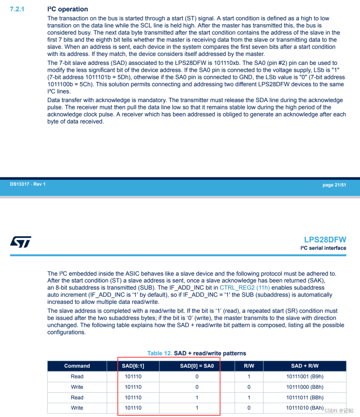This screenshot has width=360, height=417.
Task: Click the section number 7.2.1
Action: [x=17, y=9]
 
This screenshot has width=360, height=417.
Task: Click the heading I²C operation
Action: [x=67, y=9]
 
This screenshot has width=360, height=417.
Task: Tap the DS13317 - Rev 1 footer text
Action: [x=28, y=184]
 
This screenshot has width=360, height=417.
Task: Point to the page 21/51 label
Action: [x=334, y=185]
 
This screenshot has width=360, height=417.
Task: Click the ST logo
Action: [x=20, y=242]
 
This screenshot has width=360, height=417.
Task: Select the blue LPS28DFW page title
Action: [x=325, y=240]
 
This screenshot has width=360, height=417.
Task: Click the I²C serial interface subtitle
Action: [x=323, y=248]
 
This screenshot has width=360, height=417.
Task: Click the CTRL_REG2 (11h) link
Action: [x=245, y=288]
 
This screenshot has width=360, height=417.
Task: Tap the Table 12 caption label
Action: [x=160, y=353]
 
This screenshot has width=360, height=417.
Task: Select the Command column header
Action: [x=77, y=366]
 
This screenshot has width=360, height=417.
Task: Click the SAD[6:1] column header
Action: [x=133, y=366]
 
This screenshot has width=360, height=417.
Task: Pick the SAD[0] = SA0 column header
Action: [x=197, y=366]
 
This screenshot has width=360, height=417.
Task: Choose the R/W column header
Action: [x=249, y=366]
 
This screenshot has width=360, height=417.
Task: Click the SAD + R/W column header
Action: [x=304, y=366]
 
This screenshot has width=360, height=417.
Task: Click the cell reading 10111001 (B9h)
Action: [x=304, y=376]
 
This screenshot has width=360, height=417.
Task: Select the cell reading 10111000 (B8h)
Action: [x=304, y=387]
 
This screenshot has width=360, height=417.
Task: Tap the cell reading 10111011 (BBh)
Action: [x=304, y=397]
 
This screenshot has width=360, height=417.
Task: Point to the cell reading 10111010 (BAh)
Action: [x=304, y=408]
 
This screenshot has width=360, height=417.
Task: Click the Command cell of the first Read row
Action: [x=77, y=376]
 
